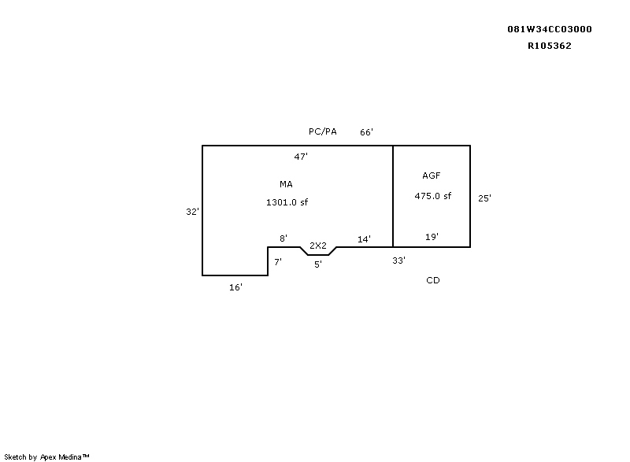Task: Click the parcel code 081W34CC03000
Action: (x=549, y=29)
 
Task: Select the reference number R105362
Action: (x=549, y=46)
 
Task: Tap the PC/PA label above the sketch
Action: (x=323, y=131)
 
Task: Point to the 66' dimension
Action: (x=366, y=132)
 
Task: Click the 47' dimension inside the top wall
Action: (x=301, y=157)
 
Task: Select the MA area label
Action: (x=286, y=184)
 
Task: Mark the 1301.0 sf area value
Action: (x=287, y=202)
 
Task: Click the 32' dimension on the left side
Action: (x=192, y=212)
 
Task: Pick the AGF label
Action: (x=431, y=176)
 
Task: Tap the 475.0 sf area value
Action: (x=432, y=196)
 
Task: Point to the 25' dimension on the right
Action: (x=484, y=198)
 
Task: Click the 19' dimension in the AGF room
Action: (x=432, y=237)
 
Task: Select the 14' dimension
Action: (x=364, y=239)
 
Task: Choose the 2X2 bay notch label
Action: (x=318, y=246)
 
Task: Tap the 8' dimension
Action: (x=283, y=238)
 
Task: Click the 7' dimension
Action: (x=278, y=262)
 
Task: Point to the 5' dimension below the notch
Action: (x=318, y=264)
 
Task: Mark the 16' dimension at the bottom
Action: (x=235, y=287)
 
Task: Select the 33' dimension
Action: (x=399, y=261)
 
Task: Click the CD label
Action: (x=432, y=280)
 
